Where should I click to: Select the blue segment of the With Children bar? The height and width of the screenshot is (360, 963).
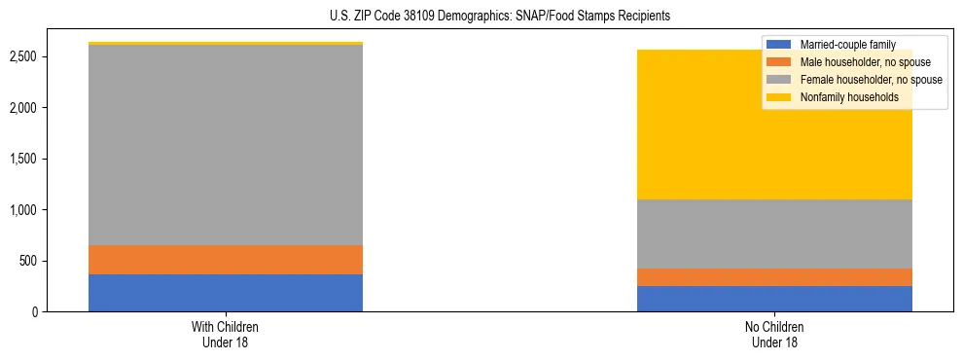[x=226, y=293]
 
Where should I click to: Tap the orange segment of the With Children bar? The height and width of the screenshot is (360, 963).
[x=226, y=260]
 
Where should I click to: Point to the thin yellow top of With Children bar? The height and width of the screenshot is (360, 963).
[x=226, y=44]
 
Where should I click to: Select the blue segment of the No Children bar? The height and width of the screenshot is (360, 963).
[x=774, y=299]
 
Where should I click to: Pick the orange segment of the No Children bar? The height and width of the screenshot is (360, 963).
[x=774, y=277]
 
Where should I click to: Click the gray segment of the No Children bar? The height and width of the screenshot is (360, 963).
[x=774, y=234]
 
